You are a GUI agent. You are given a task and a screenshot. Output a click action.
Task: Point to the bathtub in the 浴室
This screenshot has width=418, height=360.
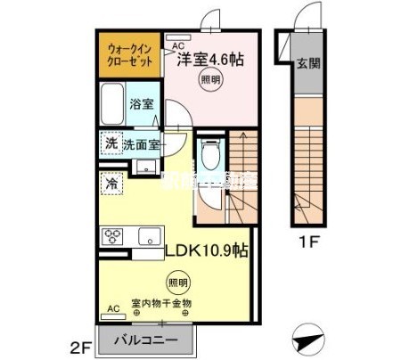112,106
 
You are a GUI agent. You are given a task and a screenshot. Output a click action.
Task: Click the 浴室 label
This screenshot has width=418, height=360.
142,103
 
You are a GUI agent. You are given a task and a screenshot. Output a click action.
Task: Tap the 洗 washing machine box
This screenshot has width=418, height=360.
111,143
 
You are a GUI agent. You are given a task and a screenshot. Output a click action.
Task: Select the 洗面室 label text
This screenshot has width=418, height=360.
143,143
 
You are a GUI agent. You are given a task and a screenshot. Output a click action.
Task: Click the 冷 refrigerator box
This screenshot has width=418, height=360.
111,182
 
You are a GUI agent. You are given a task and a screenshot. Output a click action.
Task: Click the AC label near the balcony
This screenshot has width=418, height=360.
113,308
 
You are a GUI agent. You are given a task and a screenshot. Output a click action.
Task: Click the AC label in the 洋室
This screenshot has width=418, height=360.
176,45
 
